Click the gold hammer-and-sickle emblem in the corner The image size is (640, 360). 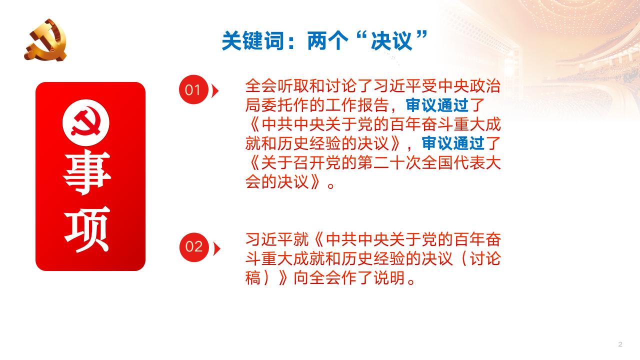tap(45, 40)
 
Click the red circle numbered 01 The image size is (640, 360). tap(193, 90)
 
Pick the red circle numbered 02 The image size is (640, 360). tap(194, 247)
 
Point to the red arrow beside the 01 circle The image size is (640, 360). tap(215, 90)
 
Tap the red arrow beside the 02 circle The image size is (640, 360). tap(216, 247)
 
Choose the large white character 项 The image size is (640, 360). tap(87, 233)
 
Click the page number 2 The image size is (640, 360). tap(620, 344)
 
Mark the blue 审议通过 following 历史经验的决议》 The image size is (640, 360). tap(454, 144)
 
